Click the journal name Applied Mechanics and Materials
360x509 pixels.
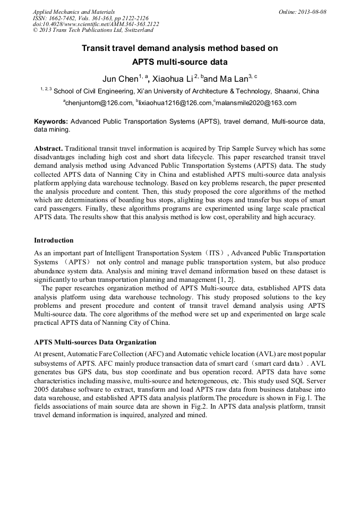(x=74, y=12)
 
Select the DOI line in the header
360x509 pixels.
(x=96, y=24)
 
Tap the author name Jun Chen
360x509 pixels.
(x=120, y=79)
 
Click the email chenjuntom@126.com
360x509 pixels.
(x=98, y=103)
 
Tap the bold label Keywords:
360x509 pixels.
(x=51, y=122)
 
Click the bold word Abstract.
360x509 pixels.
(x=48, y=149)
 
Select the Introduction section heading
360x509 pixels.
(x=54, y=240)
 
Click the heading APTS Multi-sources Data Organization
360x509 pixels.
(x=95, y=342)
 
